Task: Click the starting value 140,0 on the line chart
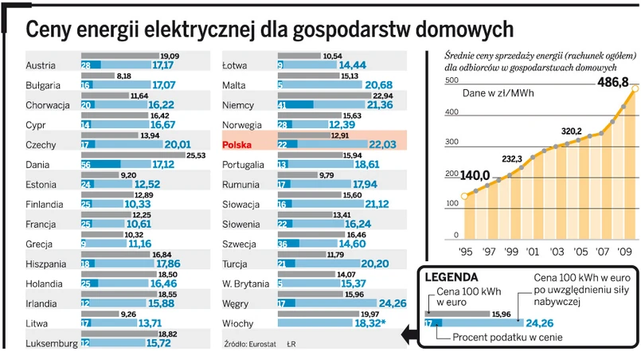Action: (475, 174)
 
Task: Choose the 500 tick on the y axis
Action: (451, 81)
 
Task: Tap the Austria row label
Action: (41, 65)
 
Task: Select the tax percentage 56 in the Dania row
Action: (86, 164)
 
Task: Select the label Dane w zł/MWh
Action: (500, 93)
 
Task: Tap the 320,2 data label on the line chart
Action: (571, 131)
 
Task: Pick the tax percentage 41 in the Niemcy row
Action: (282, 104)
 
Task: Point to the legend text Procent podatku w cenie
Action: (506, 337)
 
